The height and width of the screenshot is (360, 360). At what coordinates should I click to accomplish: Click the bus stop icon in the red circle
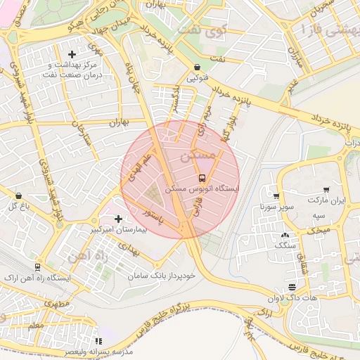click(202, 177)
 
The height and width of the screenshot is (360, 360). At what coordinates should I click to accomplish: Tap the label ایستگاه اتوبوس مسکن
click(202, 189)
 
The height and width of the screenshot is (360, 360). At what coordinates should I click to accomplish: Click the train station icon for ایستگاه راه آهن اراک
click(37, 267)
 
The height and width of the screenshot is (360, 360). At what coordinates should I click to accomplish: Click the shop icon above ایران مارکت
click(326, 190)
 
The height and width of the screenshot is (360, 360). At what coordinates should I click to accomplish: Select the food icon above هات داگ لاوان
click(292, 286)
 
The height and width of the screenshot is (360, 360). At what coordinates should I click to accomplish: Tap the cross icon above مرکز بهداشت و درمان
click(71, 54)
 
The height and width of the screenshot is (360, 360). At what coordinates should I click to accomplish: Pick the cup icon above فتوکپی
click(196, 67)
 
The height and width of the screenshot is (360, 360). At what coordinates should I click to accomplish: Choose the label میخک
click(321, 230)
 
